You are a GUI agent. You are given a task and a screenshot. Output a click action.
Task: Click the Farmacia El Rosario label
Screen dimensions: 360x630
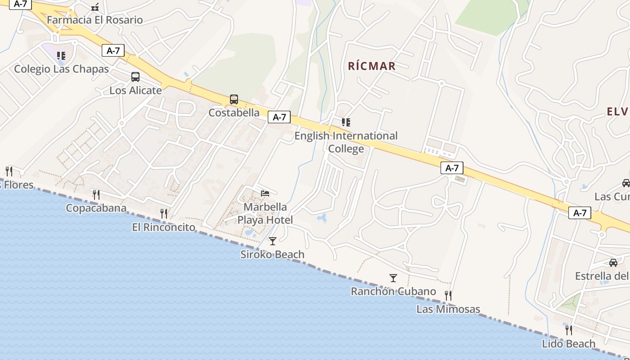(x=94, y=20)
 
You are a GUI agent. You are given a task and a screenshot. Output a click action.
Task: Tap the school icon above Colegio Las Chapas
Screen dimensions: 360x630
(x=61, y=56)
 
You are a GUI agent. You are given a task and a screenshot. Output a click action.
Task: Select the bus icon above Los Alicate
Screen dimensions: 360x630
(x=135, y=77)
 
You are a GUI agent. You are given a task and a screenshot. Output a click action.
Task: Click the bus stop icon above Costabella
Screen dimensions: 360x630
(x=234, y=99)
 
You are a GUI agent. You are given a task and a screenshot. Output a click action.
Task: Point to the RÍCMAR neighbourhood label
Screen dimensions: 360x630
(x=372, y=66)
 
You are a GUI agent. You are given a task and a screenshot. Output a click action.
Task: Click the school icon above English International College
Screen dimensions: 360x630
(x=346, y=122)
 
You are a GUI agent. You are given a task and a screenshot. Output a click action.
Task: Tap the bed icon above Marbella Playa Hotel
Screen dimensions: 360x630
(x=265, y=193)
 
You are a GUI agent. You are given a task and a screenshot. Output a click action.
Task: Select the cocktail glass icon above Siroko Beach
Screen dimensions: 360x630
(x=272, y=241)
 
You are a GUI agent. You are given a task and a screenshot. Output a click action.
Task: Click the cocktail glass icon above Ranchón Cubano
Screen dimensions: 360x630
(x=393, y=278)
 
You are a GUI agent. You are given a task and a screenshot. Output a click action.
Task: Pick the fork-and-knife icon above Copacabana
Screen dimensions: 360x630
(x=96, y=194)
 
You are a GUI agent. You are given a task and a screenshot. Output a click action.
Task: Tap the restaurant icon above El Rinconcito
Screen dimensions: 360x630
(x=164, y=213)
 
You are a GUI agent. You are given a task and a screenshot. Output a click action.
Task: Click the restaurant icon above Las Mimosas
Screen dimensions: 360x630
(x=448, y=295)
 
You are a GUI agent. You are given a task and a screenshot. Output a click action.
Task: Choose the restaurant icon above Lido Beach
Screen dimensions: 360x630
(x=569, y=330)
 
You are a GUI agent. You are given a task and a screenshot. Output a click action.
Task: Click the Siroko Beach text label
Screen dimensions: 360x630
(x=272, y=254)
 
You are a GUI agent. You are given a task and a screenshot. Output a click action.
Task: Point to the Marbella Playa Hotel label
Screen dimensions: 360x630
(x=265, y=213)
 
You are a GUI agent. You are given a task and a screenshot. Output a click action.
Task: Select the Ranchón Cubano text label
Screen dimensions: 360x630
(x=393, y=291)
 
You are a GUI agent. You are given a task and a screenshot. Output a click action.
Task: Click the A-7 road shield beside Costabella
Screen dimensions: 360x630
(x=279, y=117)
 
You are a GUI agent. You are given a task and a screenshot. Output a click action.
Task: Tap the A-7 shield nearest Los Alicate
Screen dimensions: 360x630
(x=112, y=50)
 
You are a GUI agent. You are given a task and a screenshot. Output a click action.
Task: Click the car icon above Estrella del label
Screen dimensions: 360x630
(x=613, y=262)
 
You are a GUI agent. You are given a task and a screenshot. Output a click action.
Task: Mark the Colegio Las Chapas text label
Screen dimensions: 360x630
(x=61, y=69)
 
